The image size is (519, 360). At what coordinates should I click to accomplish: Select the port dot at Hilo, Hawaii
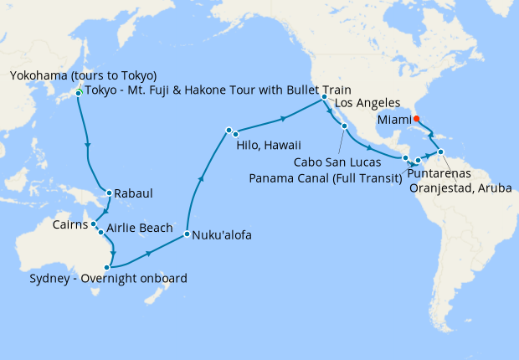click(x=229, y=131)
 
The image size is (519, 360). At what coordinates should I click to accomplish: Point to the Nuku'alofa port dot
click(x=187, y=234)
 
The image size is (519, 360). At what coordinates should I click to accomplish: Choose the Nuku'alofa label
click(x=223, y=235)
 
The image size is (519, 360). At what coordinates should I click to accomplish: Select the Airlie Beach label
click(x=140, y=228)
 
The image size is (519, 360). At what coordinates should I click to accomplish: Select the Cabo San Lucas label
click(x=337, y=162)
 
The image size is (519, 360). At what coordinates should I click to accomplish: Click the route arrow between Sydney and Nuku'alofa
click(x=148, y=251)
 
